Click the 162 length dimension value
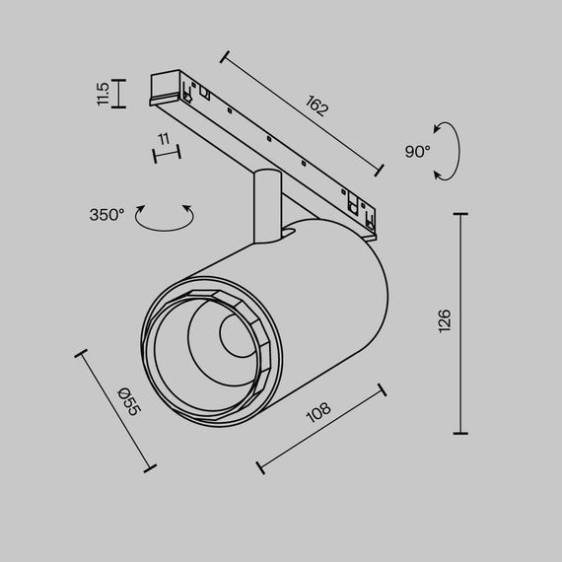click(x=316, y=107)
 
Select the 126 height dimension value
click(x=445, y=319)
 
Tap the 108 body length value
click(x=318, y=412)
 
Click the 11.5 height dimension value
click(x=103, y=94)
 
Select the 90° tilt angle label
click(x=417, y=152)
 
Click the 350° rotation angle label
click(x=106, y=214)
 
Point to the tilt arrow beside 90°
click(x=450, y=151)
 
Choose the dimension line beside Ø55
click(x=115, y=408)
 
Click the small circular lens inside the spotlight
click(x=236, y=337)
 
